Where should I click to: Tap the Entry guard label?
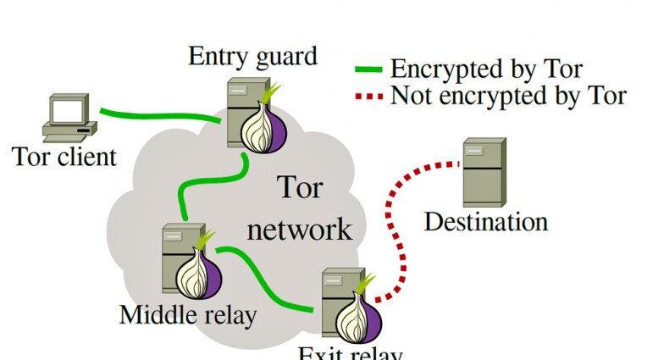pos(252,57)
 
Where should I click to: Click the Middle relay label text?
pos(187,315)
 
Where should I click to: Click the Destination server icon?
pos(484,171)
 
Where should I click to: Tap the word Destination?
pos(485,222)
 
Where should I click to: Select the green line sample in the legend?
pos(369,69)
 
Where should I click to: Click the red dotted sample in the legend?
pos(369,96)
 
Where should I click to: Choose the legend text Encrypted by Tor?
pos(486,69)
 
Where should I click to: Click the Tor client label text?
pos(64,157)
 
